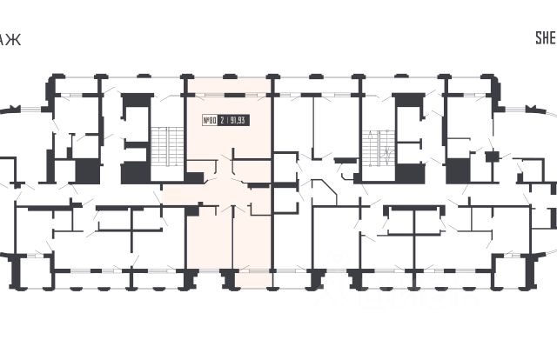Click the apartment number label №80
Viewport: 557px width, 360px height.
[209, 121]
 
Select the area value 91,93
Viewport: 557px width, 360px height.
[238, 121]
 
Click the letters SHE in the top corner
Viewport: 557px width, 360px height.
[544, 37]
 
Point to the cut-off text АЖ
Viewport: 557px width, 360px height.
[7, 37]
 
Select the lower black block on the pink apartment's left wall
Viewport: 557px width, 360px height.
[192, 209]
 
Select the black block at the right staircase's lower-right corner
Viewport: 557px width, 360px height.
[408, 171]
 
